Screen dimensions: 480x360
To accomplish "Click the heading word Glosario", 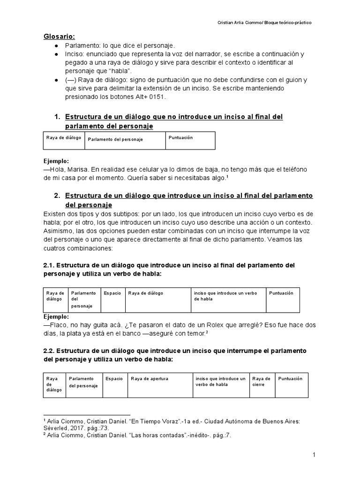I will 59,36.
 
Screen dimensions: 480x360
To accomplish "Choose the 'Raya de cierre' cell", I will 261,381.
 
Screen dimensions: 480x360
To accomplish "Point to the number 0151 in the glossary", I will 157,97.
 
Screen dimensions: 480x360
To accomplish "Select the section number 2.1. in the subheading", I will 49,265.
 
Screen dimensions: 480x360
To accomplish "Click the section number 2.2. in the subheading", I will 49,351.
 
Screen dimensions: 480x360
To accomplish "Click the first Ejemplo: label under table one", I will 56,160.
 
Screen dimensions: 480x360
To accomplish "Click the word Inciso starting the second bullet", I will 75,54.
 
